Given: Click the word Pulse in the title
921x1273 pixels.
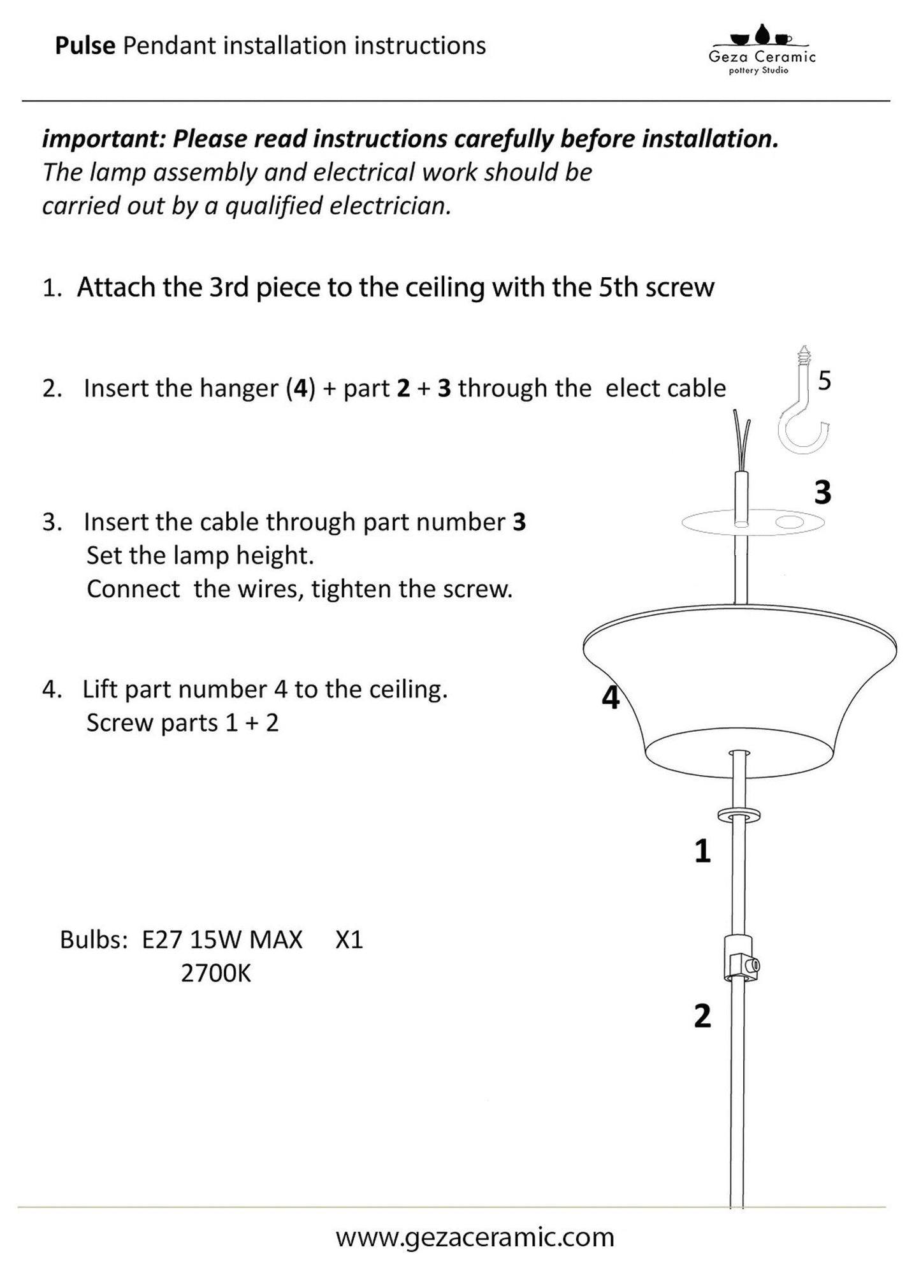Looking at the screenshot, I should pyautogui.click(x=85, y=46).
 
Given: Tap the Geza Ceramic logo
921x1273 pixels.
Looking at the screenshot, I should pyautogui.click(x=762, y=50).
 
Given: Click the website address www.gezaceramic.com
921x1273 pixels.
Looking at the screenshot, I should pyautogui.click(x=475, y=1237).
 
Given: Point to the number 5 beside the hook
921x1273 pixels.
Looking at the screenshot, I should pyautogui.click(x=825, y=381).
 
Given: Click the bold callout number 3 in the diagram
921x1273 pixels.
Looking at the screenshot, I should pyautogui.click(x=823, y=493).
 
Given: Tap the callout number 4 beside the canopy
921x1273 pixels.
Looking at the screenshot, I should pyautogui.click(x=611, y=698).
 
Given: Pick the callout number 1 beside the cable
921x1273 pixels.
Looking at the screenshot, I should pyautogui.click(x=702, y=851).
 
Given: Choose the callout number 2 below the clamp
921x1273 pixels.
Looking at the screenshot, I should pyautogui.click(x=702, y=1016).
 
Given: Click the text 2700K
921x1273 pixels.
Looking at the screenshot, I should pyautogui.click(x=216, y=973).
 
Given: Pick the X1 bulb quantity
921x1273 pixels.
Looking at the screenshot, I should pyautogui.click(x=349, y=940).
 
